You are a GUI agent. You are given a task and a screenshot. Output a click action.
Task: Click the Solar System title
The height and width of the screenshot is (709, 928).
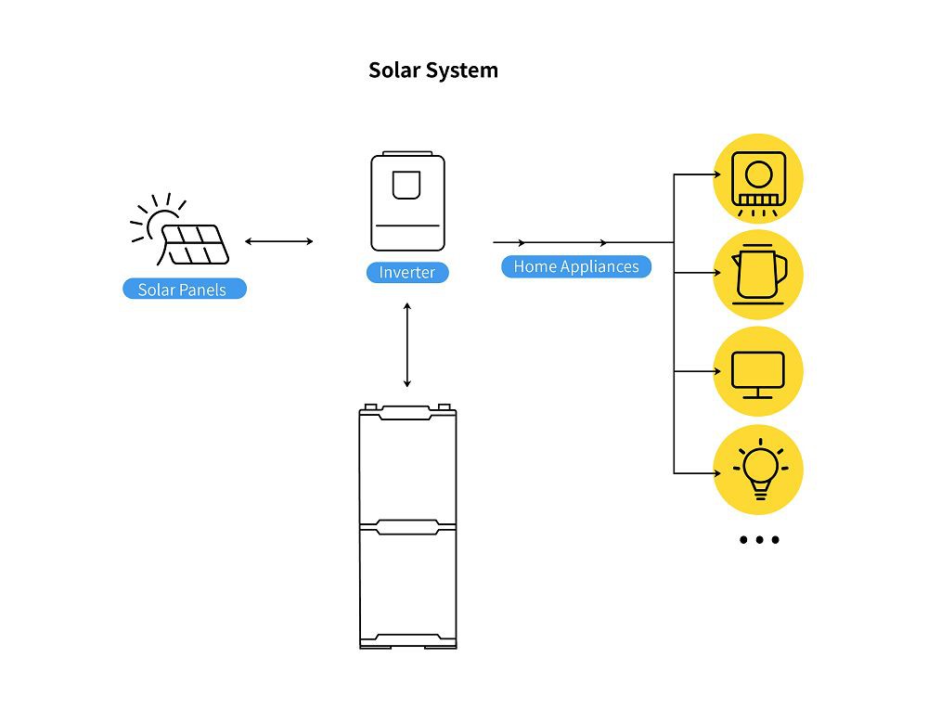click(433, 71)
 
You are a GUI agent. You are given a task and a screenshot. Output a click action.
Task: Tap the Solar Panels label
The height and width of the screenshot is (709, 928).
click(184, 290)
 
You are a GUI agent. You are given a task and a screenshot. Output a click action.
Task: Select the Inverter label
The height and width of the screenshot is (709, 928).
click(407, 273)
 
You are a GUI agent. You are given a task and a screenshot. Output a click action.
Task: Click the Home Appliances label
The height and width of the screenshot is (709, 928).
click(576, 266)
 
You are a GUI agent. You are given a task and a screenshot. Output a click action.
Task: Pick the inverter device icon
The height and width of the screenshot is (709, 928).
click(407, 202)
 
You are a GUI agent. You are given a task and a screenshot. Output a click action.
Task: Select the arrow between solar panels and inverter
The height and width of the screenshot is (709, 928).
click(278, 241)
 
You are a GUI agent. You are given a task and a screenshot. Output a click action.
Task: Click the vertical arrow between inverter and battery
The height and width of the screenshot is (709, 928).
click(406, 343)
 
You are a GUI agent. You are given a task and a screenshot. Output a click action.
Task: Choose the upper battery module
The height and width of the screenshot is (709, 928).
click(407, 463)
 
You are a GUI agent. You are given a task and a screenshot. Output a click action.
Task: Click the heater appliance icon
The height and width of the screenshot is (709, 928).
click(757, 178)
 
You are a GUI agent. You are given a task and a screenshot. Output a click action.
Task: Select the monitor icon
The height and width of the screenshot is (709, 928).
click(757, 372)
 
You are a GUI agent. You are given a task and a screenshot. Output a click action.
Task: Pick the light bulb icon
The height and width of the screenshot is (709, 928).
click(758, 469)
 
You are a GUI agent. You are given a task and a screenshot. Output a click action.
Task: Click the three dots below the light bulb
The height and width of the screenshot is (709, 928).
click(759, 540)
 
